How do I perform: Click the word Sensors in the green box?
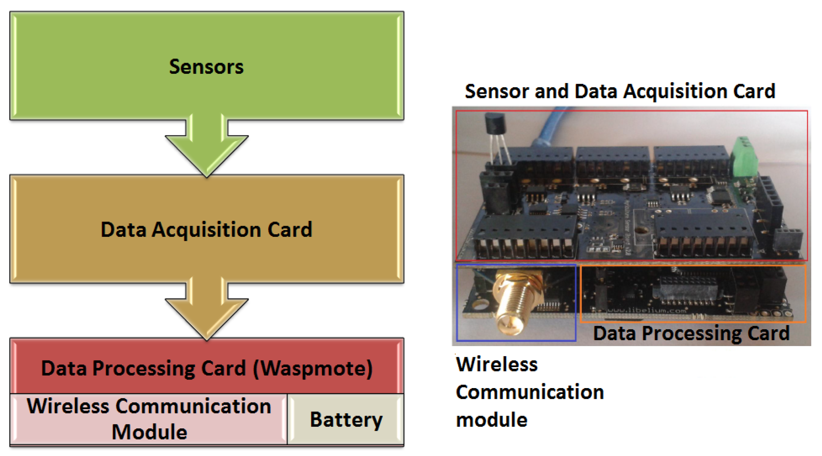click(x=206, y=67)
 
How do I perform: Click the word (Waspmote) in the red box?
click(x=313, y=368)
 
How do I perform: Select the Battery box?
click(x=346, y=419)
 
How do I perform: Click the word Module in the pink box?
click(x=149, y=432)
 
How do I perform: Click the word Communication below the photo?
click(x=530, y=392)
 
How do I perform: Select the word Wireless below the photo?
click(x=497, y=364)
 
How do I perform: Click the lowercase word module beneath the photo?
click(x=491, y=420)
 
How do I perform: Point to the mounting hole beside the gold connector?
click(x=480, y=305)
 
